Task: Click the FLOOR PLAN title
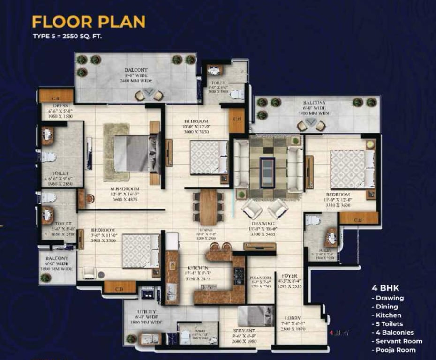(88, 22)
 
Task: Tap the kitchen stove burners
(239, 277)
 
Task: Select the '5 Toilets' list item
(388, 324)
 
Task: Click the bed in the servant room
(256, 315)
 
